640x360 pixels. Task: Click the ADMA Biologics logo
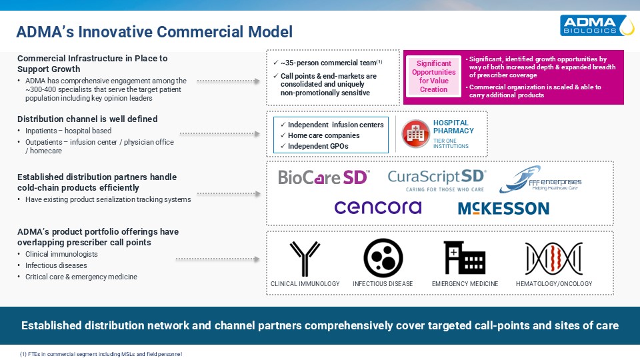pos(597,25)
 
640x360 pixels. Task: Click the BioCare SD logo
pos(324,177)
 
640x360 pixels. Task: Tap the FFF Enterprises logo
pos(540,179)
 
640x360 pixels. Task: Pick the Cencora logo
pos(378,207)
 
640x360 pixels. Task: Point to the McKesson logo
pos(504,209)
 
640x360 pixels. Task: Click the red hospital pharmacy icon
pos(415,133)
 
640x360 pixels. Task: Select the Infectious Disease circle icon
pos(383,258)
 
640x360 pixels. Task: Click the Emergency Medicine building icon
pos(465,257)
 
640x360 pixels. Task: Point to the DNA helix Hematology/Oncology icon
pos(554,259)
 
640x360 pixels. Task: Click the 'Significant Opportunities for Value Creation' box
pos(434,76)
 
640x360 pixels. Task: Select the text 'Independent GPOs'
pos(318,146)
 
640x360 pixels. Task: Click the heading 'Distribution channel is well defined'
pos(87,119)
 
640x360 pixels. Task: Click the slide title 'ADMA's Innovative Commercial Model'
pos(154,32)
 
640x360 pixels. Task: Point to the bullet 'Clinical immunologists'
pos(61,254)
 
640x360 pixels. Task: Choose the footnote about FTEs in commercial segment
pos(101,354)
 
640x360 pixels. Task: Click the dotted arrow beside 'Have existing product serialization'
pos(229,194)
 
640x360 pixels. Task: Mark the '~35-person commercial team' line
pos(331,63)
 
